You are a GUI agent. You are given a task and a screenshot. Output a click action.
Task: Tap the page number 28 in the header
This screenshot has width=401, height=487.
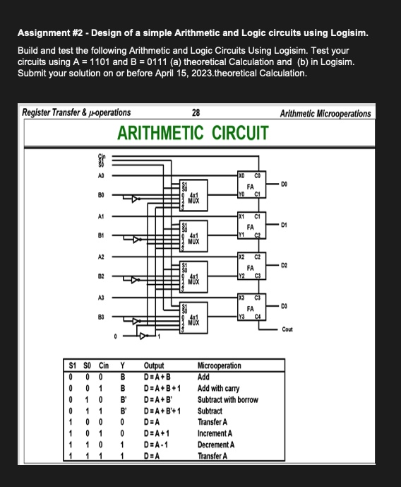tap(196, 112)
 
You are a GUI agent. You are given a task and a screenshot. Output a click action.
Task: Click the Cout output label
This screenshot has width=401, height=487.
tap(287, 329)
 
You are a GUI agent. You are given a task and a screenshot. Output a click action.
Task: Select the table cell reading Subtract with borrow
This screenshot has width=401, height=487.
tap(227, 399)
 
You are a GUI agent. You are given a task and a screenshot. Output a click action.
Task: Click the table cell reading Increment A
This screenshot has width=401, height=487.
tap(217, 433)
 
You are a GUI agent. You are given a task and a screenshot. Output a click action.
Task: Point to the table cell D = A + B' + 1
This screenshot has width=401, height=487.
tap(164, 411)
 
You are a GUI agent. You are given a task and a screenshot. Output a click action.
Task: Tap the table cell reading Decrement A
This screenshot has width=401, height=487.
tap(218, 445)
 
